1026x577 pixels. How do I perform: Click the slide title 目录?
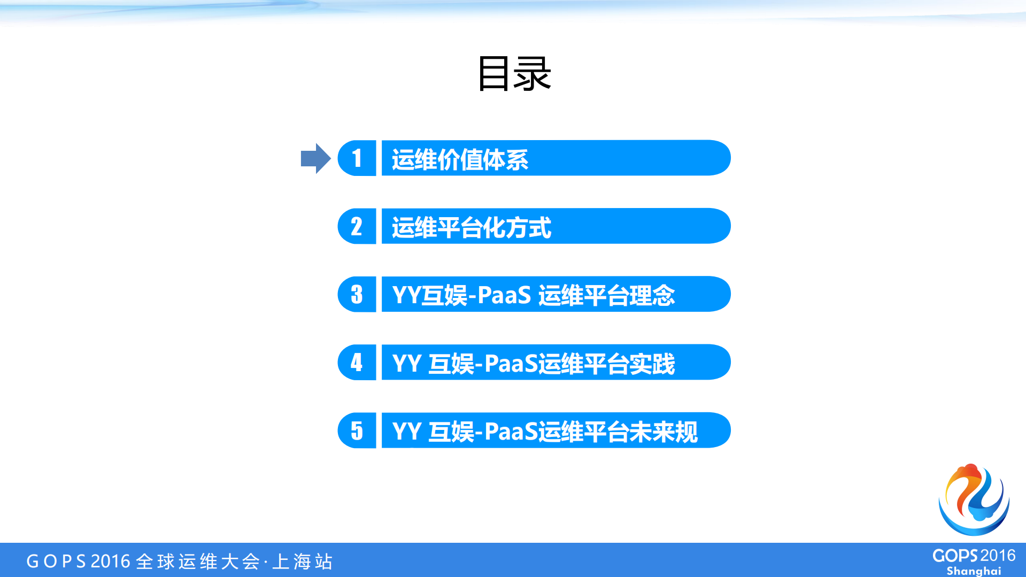514,74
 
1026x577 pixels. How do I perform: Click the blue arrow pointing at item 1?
315,158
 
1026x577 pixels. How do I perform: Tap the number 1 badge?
357,158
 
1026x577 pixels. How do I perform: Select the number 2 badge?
357,226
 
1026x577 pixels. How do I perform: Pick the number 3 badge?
357,294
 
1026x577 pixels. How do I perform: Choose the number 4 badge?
357,362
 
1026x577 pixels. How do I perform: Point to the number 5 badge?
357,430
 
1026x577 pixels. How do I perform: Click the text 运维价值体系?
460,159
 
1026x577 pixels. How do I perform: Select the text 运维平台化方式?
471,227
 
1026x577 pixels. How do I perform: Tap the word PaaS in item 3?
504,295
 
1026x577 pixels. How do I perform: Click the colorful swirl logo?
974,499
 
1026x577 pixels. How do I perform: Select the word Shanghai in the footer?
974,571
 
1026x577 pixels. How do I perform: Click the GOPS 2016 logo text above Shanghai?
974,556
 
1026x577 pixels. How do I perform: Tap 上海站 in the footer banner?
303,561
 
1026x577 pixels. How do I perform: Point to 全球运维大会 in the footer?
198,561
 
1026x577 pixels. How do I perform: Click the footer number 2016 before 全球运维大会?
111,561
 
